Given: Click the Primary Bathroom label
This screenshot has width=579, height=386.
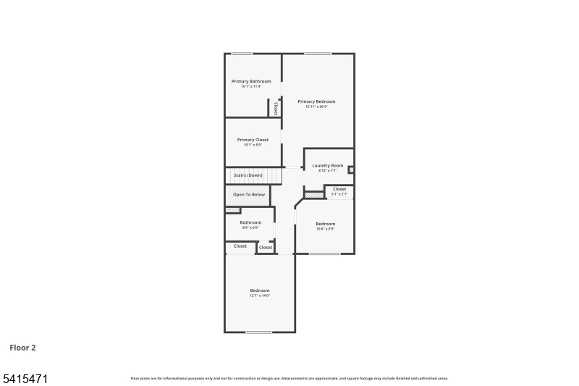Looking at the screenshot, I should tap(251, 81).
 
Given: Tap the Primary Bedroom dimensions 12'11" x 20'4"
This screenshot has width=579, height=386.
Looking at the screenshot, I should tap(316, 106).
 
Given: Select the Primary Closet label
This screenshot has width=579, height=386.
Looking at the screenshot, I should tap(253, 140).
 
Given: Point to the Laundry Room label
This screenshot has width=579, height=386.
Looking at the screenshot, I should tap(328, 166).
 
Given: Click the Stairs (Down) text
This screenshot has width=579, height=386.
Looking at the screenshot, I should tap(248, 175).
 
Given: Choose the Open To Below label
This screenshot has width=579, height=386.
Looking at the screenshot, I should tap(248, 195).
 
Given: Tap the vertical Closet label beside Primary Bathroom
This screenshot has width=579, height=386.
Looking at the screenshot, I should tap(275, 109).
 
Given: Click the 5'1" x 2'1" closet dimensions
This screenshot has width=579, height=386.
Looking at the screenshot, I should tap(339, 194).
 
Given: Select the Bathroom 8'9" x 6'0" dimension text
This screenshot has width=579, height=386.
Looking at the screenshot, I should tap(250, 227).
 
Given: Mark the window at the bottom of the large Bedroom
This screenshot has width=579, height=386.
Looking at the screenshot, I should tap(258, 332).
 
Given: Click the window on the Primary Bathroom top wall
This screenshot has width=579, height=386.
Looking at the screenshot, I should tap(242, 53).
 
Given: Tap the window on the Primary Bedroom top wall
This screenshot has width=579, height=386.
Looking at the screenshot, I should tap(318, 53).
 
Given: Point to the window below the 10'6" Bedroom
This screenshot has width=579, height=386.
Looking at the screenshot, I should tap(325, 253).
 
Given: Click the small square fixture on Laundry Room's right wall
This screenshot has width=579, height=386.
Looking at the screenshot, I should tap(351, 171).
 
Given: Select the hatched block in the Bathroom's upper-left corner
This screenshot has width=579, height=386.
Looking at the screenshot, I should tap(232, 210).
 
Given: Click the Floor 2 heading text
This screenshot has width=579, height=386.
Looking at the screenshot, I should tap(22, 348).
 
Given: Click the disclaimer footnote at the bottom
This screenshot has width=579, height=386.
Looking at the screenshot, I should tap(289, 378).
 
